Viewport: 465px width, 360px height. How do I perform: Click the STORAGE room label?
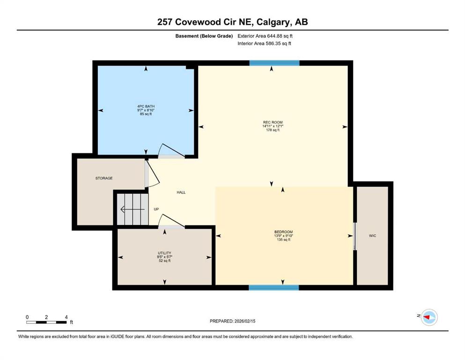pyautogui.click(x=104, y=178)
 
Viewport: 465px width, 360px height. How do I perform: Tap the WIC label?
pyautogui.click(x=372, y=236)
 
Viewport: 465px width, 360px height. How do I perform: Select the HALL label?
pyautogui.click(x=181, y=192)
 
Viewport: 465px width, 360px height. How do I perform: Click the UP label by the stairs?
pyautogui.click(x=156, y=209)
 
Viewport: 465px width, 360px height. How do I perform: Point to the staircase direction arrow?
pyautogui.click(x=133, y=210)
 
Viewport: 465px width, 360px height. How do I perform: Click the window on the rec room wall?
pyautogui.click(x=274, y=63)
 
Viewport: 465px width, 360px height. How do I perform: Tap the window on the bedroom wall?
pyautogui.click(x=274, y=287)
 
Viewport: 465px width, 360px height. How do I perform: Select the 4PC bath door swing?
pyautogui.click(x=171, y=150)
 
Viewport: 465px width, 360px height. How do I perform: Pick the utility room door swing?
pyautogui.click(x=171, y=221)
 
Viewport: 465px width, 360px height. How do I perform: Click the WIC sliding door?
pyautogui.click(x=354, y=236)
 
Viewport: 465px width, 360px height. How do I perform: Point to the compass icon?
pyautogui.click(x=429, y=317)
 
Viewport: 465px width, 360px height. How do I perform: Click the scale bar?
pyautogui.click(x=46, y=322)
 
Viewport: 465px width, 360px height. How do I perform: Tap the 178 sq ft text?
pyautogui.click(x=273, y=130)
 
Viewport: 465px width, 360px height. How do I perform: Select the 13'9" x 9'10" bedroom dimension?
pyautogui.click(x=283, y=236)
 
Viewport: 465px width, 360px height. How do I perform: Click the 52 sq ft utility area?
pyautogui.click(x=164, y=261)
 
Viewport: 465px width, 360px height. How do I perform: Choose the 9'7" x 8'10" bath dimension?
pyautogui.click(x=146, y=110)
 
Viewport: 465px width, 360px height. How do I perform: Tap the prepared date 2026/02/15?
pyautogui.click(x=244, y=321)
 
